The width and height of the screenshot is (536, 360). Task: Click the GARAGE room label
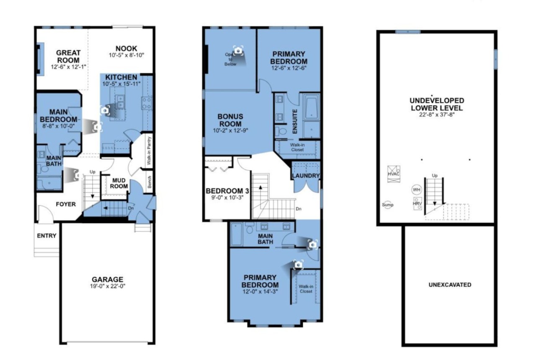click(x=108, y=279)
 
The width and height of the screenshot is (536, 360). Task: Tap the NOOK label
click(x=126, y=49)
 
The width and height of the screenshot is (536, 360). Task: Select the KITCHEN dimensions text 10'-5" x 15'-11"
click(x=121, y=84)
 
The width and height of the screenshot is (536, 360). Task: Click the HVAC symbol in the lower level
click(x=394, y=174)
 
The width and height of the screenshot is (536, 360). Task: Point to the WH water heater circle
click(x=417, y=190)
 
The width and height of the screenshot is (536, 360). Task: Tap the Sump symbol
click(x=387, y=205)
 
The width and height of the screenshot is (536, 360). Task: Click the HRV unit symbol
click(x=417, y=203)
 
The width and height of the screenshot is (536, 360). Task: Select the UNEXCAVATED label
click(x=450, y=285)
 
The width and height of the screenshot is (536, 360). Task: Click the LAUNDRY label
click(x=306, y=175)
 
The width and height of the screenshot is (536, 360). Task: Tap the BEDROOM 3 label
click(x=227, y=191)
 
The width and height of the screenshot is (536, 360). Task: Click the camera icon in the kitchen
click(x=105, y=111)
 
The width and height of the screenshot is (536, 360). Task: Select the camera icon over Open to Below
click(x=238, y=51)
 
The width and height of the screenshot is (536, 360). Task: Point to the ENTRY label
click(x=46, y=236)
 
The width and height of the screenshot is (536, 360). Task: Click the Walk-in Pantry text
click(x=149, y=151)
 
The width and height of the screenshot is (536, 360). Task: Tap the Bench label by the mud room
click(x=149, y=182)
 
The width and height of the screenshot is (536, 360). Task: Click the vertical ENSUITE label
click(x=295, y=121)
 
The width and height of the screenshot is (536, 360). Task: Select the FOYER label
click(x=66, y=204)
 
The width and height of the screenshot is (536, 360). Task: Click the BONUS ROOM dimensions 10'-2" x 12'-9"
click(x=230, y=130)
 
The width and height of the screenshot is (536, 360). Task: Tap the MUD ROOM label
click(x=119, y=183)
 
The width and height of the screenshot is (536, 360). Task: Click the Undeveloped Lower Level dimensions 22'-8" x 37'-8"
click(x=437, y=115)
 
